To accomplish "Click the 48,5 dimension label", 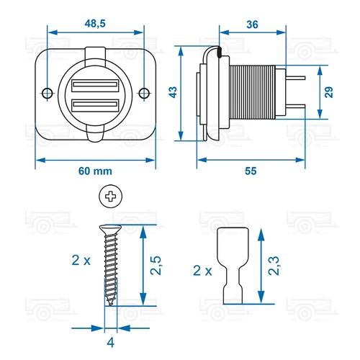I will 96,24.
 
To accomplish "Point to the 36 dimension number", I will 252,24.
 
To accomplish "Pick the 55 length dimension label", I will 251,171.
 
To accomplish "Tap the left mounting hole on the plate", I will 48,94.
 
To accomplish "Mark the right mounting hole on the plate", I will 143,94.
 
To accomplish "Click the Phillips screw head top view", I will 109,196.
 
